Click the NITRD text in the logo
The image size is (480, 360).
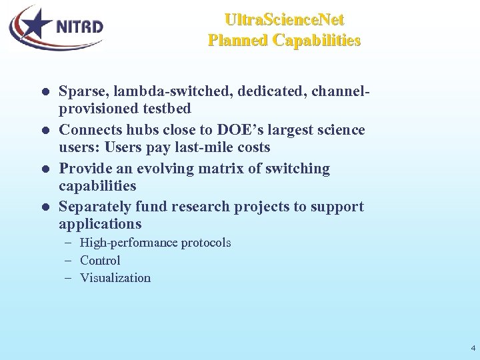pos(79,27)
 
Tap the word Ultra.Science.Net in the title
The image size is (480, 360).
pos(285,19)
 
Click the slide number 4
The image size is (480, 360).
pos(473,348)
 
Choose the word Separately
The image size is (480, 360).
pos(93,207)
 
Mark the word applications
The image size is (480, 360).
pos(100,224)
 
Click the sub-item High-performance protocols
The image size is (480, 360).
pos(155,243)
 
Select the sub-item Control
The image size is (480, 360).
pos(100,261)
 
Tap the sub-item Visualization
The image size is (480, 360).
pos(115,278)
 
